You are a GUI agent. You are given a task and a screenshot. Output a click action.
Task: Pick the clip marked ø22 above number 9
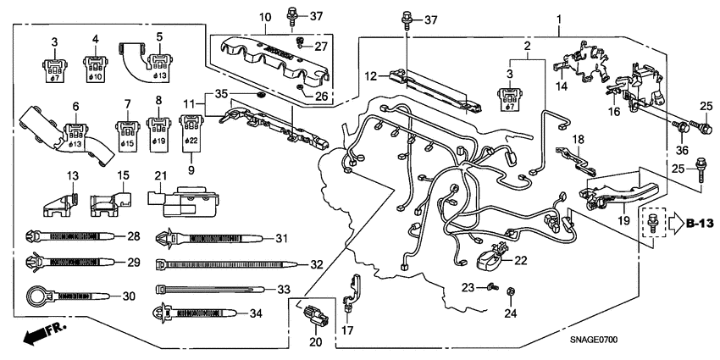[191, 132]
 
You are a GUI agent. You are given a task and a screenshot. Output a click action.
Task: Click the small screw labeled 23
[490, 288]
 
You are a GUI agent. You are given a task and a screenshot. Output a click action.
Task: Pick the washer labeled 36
[679, 127]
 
